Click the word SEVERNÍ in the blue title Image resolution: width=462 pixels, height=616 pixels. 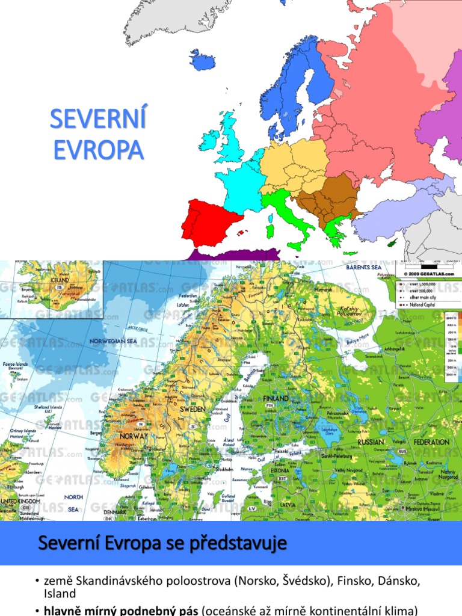click(98, 119)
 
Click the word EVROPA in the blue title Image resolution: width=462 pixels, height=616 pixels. click(98, 150)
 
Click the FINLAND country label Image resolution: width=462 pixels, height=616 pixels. click(275, 398)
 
